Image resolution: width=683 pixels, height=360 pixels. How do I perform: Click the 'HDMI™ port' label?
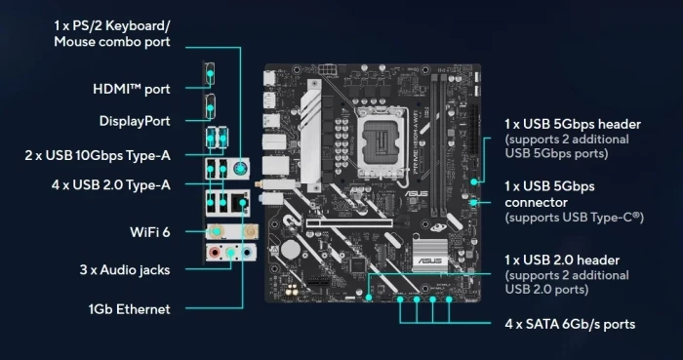tap(131, 89)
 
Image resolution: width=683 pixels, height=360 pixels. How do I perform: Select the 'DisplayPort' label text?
tap(135, 121)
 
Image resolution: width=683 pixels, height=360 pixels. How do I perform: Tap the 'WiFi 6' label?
tap(149, 231)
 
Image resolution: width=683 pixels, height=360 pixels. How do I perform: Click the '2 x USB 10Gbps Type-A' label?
tap(98, 154)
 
